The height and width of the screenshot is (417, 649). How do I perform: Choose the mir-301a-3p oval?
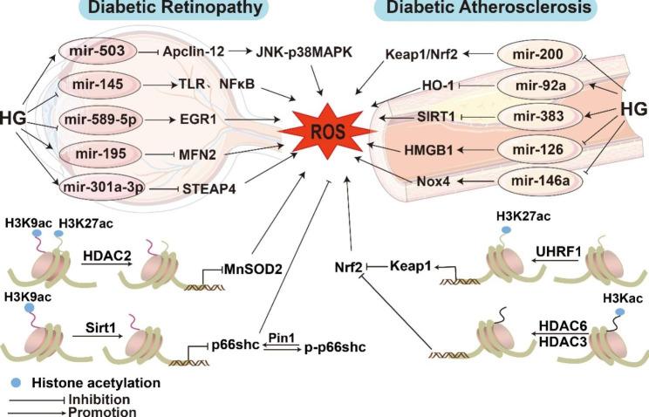point(101,186)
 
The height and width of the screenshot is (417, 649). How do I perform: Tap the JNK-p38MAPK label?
point(302,51)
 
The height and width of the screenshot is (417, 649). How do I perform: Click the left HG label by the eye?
point(17,116)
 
